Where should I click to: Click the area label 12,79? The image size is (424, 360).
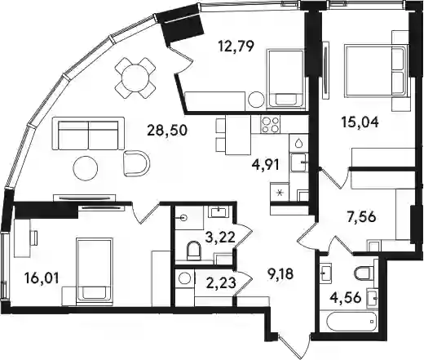click(236, 46)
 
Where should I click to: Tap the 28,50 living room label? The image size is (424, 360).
click(167, 131)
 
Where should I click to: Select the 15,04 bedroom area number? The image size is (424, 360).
click(360, 122)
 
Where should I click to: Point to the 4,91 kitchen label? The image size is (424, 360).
click(266, 165)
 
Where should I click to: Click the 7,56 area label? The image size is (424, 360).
click(361, 217)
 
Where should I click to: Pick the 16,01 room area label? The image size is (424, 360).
click(42, 278)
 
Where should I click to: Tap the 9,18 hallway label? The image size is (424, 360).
click(280, 274)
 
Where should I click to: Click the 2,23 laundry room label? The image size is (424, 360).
click(220, 283)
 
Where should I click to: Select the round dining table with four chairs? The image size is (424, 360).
click(135, 78)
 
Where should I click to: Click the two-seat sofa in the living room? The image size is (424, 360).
click(88, 134)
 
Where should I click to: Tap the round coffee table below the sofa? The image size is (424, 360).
click(86, 168)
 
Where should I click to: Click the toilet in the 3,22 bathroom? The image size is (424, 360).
click(194, 250)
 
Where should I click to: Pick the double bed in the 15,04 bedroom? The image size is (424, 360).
click(377, 70)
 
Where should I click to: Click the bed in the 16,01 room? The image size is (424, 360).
click(95, 272)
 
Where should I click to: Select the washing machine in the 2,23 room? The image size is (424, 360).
click(185, 278)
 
